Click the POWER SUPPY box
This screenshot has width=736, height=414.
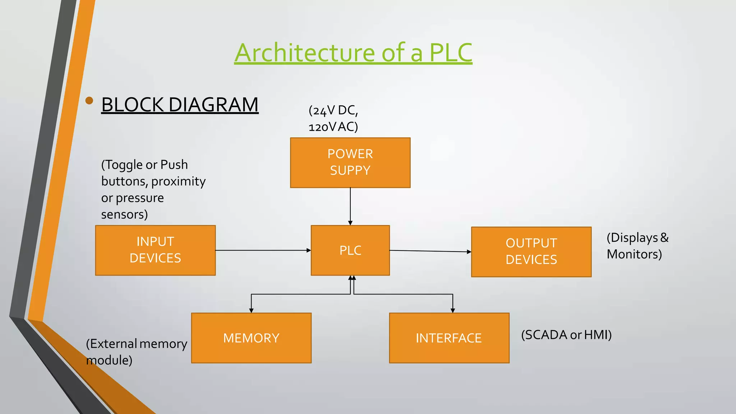(x=350, y=162)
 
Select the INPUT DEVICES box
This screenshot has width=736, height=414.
(x=155, y=250)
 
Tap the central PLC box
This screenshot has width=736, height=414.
(x=350, y=250)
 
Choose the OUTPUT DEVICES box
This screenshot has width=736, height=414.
(x=531, y=252)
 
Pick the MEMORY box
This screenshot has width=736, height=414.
(x=251, y=338)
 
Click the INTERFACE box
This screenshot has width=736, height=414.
(x=449, y=338)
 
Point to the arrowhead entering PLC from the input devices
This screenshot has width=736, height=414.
(x=309, y=250)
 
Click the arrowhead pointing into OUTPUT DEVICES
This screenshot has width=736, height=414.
(x=469, y=252)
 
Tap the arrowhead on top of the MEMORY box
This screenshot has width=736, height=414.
(x=251, y=310)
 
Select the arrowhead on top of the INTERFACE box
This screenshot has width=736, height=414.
(x=453, y=310)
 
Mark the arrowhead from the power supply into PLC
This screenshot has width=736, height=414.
(x=350, y=223)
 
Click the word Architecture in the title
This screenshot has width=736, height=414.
(x=305, y=53)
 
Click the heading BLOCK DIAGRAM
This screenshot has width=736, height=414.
(x=180, y=105)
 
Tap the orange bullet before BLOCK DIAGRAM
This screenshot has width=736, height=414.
(x=89, y=101)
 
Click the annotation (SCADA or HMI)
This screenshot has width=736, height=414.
(x=566, y=335)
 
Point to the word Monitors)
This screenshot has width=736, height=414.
(x=634, y=254)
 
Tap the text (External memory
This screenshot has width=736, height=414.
(x=137, y=344)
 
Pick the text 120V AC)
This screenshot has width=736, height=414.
(x=333, y=127)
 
